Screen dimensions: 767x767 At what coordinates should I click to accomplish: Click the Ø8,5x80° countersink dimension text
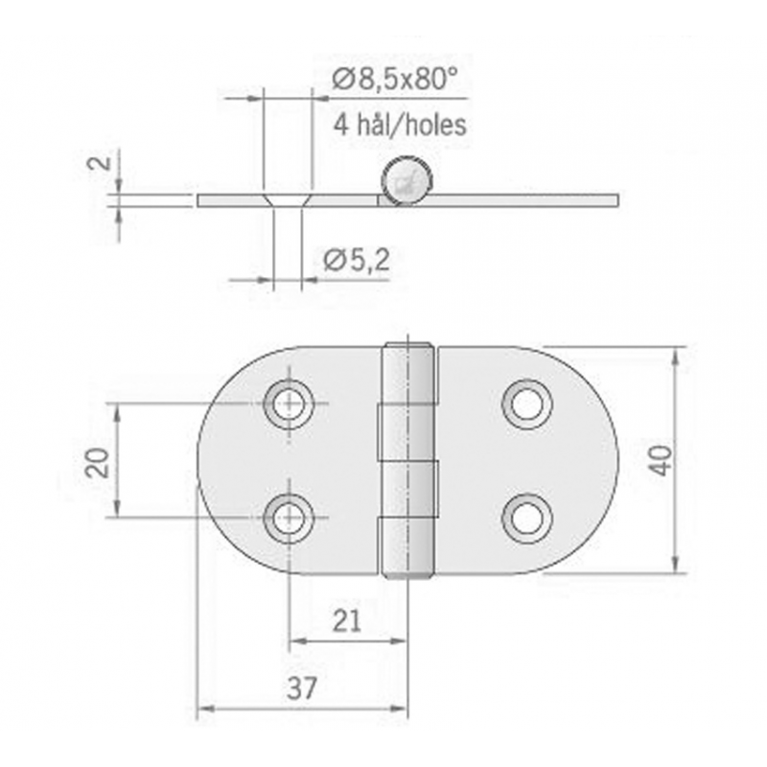click(391, 82)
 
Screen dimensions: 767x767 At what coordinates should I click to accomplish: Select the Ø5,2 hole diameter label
click(356, 259)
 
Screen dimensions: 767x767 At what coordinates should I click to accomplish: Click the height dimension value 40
click(661, 460)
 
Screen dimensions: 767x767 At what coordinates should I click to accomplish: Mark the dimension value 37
click(300, 687)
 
